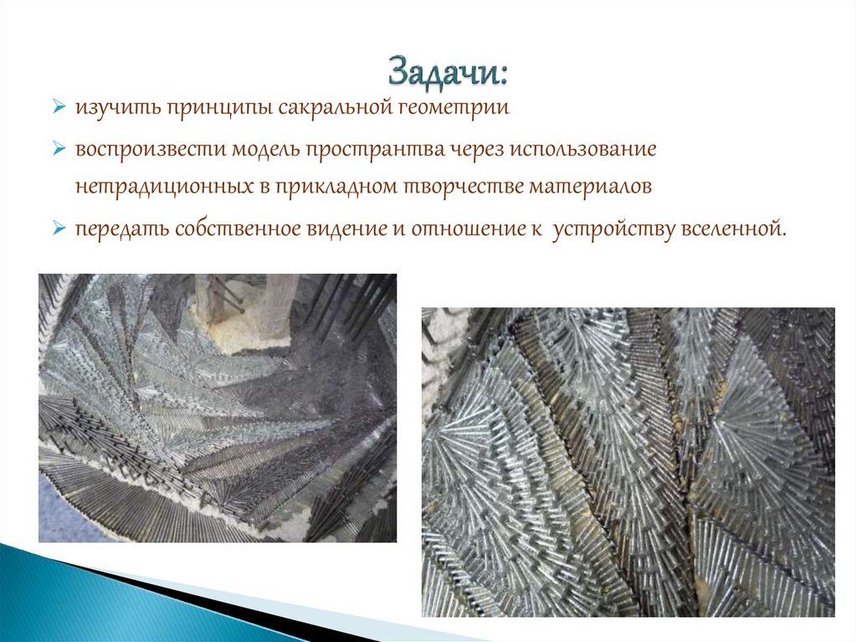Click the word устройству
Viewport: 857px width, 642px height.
coord(613,229)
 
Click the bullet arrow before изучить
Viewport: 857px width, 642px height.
coord(59,109)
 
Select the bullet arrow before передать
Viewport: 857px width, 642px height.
coord(59,229)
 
